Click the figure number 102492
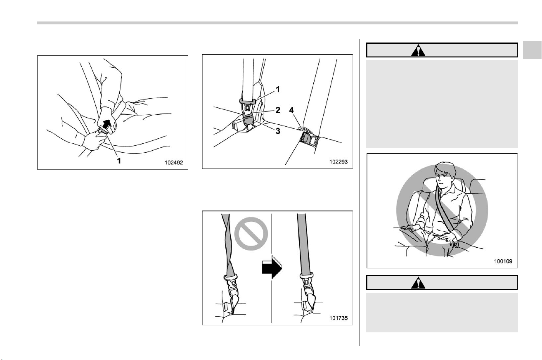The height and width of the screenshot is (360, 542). [174, 163]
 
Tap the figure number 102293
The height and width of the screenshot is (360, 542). [338, 161]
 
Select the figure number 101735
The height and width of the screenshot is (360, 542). [338, 318]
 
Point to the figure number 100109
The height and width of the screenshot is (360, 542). [503, 261]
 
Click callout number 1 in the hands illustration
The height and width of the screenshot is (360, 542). [119, 161]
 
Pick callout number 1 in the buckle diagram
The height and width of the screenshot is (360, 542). [278, 90]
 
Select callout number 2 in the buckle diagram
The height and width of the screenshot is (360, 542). [278, 110]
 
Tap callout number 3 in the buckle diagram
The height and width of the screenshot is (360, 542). [278, 131]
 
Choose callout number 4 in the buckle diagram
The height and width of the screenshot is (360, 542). [291, 110]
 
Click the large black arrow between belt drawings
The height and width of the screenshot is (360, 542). [272, 267]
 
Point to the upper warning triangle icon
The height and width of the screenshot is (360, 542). [418, 51]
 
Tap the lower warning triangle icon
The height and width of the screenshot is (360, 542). [418, 283]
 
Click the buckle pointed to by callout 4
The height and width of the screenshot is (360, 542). [309, 140]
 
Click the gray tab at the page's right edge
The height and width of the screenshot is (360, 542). [532, 50]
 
